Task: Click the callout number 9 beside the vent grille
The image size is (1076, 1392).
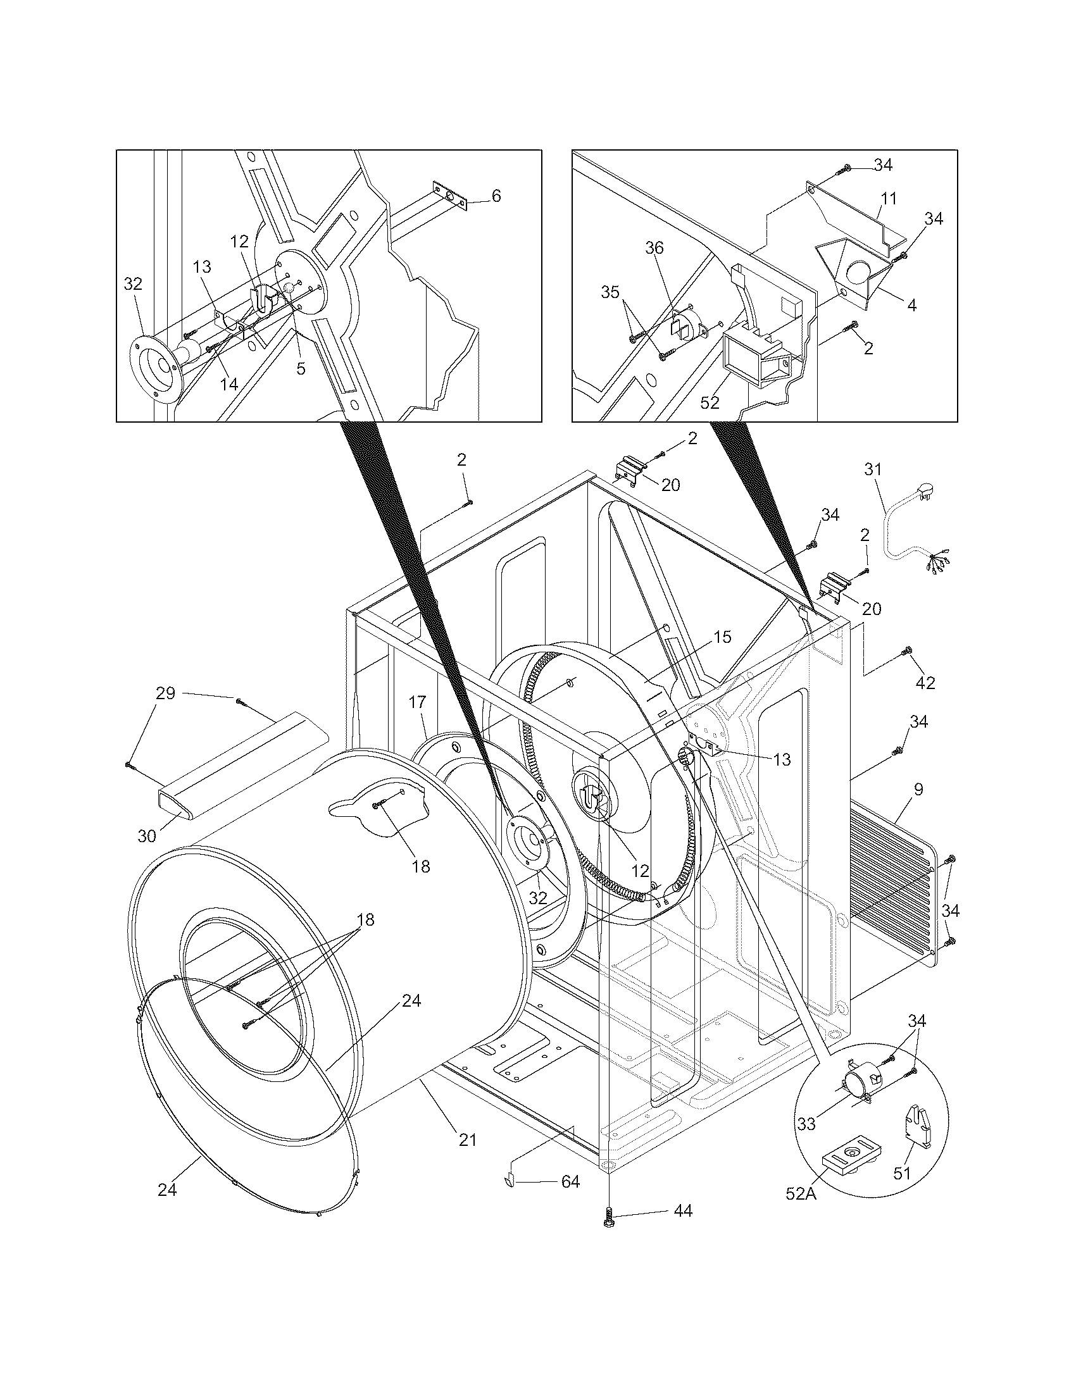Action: point(918,789)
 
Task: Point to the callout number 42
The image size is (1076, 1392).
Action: point(925,683)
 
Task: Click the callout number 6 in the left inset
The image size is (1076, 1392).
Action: point(496,195)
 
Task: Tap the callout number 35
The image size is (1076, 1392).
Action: point(610,292)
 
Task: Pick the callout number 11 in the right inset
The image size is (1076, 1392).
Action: point(888,198)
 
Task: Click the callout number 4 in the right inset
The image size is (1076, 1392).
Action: point(912,306)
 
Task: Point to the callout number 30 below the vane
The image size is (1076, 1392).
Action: point(147,836)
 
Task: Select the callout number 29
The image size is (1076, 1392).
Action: point(166,693)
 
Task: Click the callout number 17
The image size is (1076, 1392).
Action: point(417,702)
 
